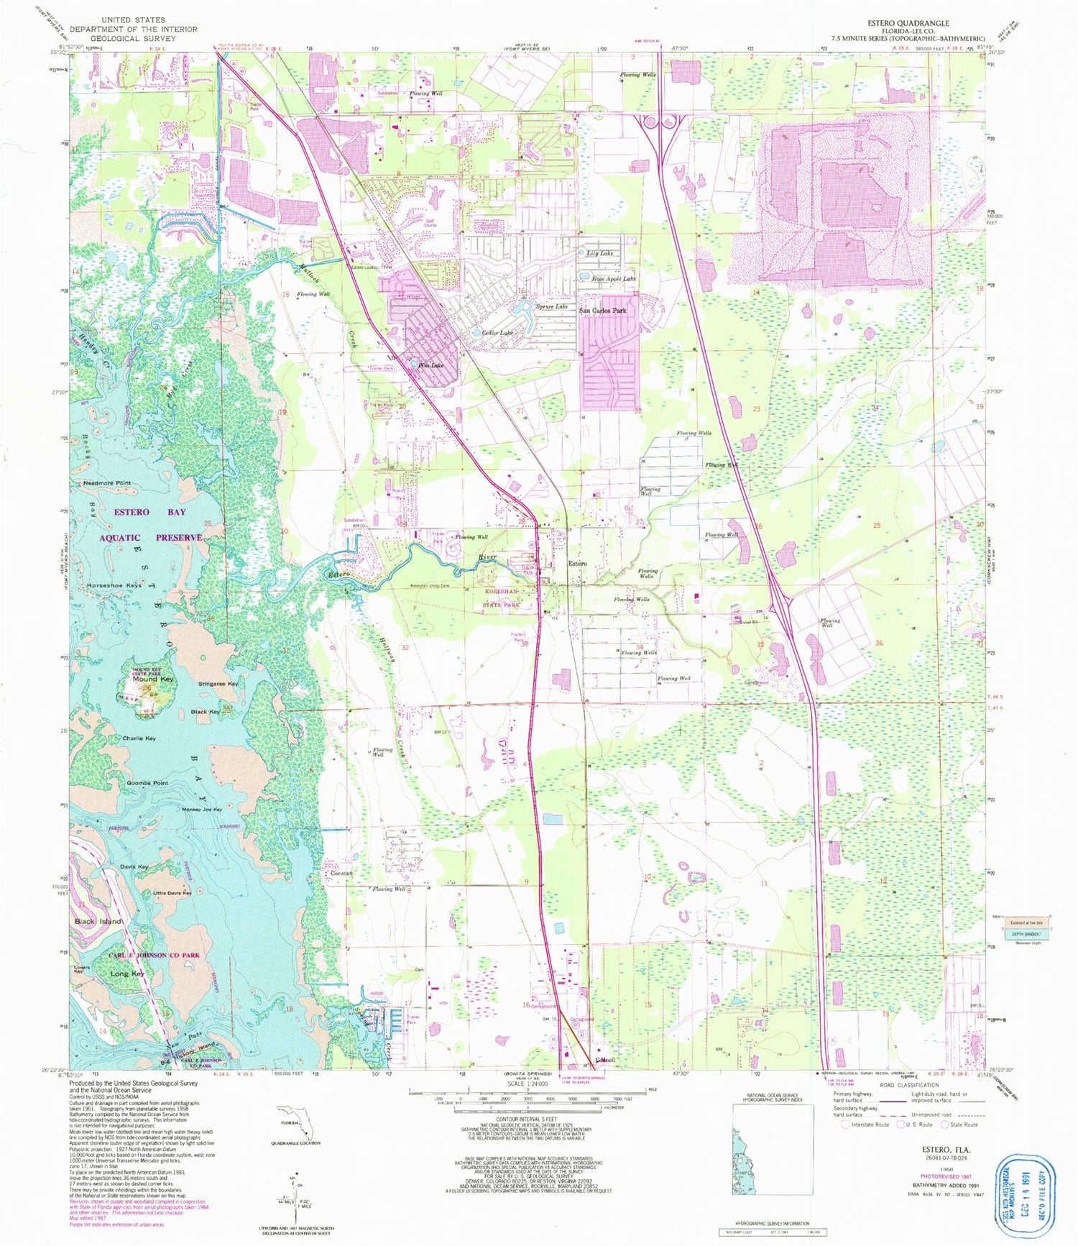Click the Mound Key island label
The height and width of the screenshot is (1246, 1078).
[152, 679]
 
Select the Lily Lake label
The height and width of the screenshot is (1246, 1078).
[600, 254]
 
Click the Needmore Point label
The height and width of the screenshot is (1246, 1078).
[107, 483]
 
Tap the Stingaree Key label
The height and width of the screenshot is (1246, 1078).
[218, 684]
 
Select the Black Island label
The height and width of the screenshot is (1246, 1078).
[98, 921]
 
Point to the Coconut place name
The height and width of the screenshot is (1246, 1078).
[341, 874]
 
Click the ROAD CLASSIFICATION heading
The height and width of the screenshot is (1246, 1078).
[908, 1085]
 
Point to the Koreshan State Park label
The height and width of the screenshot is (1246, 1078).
[502, 597]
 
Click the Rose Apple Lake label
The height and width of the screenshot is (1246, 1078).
[613, 278]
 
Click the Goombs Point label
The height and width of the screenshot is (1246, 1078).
[147, 783]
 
